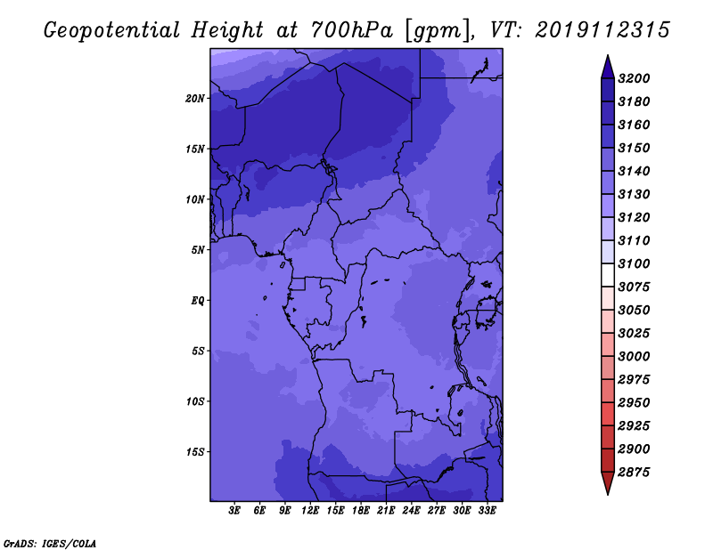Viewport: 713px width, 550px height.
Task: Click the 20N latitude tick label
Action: click(195, 99)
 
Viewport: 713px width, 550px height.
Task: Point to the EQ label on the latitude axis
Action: click(198, 301)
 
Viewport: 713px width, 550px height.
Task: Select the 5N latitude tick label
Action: click(198, 250)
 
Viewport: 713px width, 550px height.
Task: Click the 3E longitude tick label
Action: click(234, 511)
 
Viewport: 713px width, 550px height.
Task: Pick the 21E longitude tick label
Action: click(386, 511)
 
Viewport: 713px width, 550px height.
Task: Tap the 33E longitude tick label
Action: click(487, 511)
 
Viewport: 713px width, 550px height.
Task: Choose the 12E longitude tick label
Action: click(309, 511)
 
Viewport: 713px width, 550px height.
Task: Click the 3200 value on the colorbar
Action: click(634, 78)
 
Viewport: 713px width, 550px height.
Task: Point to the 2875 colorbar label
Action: click(634, 473)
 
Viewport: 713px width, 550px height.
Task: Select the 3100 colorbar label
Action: click(634, 263)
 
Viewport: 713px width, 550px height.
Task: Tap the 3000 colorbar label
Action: click(634, 357)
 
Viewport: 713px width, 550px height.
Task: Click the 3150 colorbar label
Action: click(634, 148)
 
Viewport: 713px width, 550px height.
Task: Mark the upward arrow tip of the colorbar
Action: click(608, 56)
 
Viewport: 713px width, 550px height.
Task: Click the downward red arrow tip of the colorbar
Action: click(608, 494)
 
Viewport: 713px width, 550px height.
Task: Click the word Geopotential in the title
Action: click(112, 31)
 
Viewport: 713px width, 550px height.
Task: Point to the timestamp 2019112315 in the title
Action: click(602, 30)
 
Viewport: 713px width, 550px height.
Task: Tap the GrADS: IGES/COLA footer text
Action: click(50, 544)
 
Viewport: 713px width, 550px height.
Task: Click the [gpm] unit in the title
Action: click(438, 31)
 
